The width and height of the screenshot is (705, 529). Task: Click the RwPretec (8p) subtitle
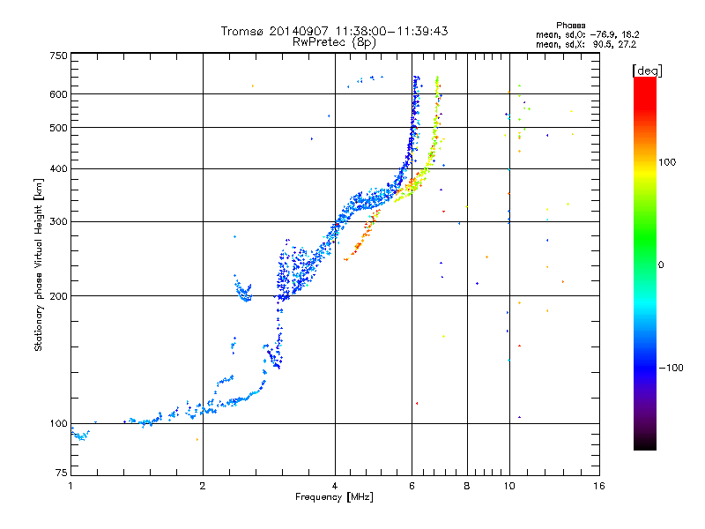(334, 42)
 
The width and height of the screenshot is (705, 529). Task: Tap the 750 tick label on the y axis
(58, 56)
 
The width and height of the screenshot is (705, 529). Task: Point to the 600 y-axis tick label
(58, 94)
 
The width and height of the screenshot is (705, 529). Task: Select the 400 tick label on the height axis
(58, 168)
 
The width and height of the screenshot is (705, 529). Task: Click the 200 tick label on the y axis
(58, 296)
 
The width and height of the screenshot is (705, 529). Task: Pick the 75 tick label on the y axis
(62, 473)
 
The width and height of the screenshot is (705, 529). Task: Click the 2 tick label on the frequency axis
(203, 486)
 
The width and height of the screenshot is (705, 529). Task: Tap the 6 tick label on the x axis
(412, 486)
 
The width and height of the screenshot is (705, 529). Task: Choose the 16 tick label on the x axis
(599, 486)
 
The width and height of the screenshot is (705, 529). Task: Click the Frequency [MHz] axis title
(334, 497)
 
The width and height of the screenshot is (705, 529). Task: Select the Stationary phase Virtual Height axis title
(38, 265)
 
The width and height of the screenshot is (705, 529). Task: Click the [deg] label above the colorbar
(647, 71)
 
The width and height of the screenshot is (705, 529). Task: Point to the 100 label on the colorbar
(667, 162)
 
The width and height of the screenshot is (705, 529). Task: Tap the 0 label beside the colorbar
(661, 265)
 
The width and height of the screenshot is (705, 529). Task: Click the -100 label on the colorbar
(671, 368)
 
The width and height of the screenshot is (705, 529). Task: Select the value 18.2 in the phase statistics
(630, 35)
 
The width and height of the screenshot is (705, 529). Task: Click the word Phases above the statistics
(570, 26)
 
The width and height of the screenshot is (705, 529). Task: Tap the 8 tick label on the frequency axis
(467, 486)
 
